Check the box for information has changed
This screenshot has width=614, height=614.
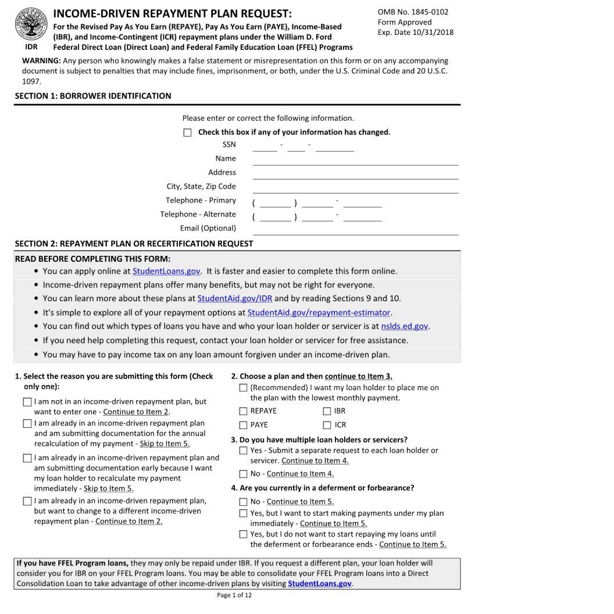click(187, 133)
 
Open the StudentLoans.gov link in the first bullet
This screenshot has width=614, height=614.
click(166, 271)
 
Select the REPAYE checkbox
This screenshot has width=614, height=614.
click(243, 411)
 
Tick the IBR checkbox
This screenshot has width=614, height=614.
click(327, 411)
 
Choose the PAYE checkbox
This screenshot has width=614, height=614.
click(243, 425)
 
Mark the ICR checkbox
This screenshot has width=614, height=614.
click(327, 425)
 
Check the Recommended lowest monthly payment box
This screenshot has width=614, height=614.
click(243, 388)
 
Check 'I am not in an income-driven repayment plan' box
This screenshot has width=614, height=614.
click(27, 402)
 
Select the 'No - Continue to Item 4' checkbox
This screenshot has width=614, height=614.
click(243, 474)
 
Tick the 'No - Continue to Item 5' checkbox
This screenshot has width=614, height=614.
click(243, 502)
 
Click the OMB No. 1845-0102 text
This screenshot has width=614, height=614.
click(413, 12)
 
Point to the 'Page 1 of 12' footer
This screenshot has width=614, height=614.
click(234, 595)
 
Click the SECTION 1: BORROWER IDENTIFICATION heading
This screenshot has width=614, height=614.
click(93, 96)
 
